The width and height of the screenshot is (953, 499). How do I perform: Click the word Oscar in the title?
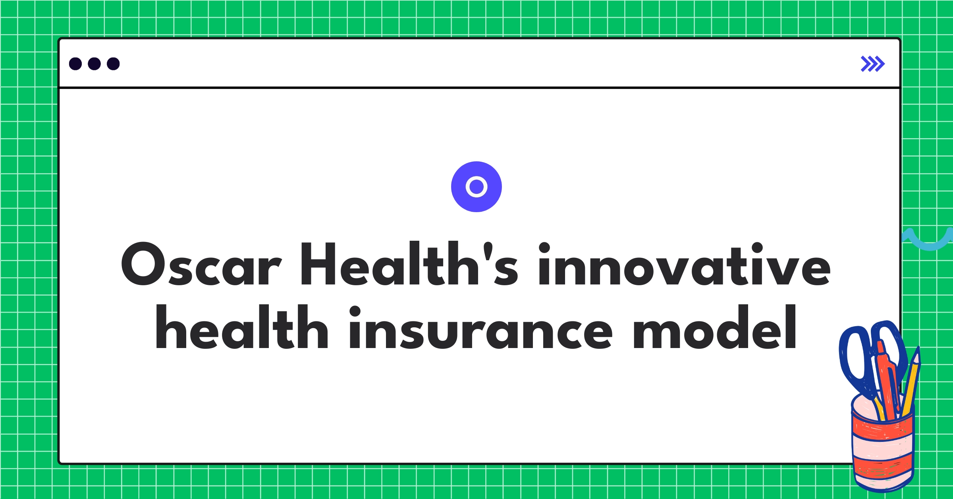(201, 264)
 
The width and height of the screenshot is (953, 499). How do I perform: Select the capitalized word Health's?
(409, 264)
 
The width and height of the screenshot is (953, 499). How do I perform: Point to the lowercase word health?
(242, 327)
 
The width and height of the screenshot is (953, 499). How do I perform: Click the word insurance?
(480, 327)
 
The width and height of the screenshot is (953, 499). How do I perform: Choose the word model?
(715, 327)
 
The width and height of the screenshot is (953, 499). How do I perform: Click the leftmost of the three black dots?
(75, 64)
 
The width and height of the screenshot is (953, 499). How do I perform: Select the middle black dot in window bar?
(94, 64)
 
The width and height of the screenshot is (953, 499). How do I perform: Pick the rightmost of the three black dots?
(113, 64)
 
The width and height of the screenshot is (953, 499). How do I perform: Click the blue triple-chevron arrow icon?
(872, 64)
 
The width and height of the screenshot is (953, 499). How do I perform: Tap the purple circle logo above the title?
(476, 186)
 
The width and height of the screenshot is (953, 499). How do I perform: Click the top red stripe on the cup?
(884, 429)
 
